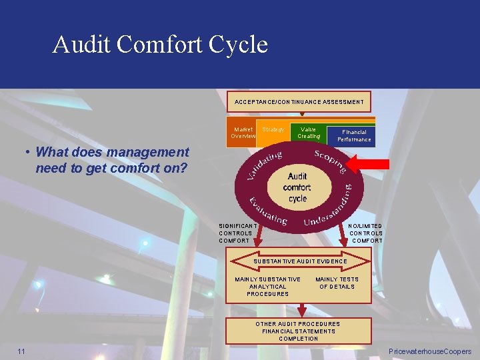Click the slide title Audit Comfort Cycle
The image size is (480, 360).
point(160,45)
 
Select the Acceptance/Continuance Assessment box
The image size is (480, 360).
point(299,102)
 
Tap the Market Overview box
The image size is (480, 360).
point(243,133)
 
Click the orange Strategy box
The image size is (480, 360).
point(273,130)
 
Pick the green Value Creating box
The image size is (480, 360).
point(309,133)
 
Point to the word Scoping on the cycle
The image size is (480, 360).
point(329,161)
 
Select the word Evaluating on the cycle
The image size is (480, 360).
point(267,211)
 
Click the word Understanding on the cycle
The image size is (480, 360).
point(327,209)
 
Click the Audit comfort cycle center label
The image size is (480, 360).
point(297,187)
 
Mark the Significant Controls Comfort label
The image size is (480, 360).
point(235,233)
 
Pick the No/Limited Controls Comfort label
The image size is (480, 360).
point(366,233)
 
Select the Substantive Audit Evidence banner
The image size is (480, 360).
point(299,261)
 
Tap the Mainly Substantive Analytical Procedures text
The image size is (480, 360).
point(267,287)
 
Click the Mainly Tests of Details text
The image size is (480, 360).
point(337,283)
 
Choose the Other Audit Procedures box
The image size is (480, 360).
point(298,331)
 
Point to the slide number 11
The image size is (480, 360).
point(22,351)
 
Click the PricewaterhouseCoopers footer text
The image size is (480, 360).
point(429,351)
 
